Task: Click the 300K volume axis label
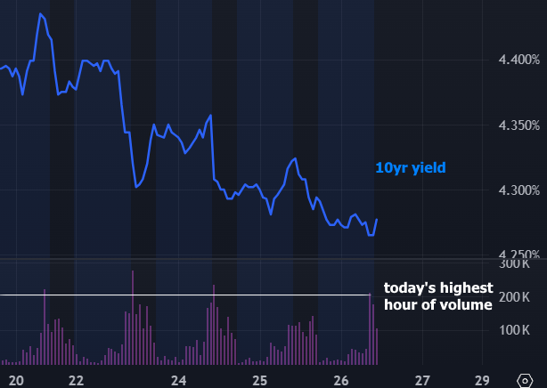[525, 264]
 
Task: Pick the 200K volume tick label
[525, 296]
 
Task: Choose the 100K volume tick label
[525, 329]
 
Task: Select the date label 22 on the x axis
[77, 380]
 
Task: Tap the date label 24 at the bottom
[179, 380]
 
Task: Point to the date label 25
[260, 380]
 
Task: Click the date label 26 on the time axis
[341, 380]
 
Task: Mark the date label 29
[482, 380]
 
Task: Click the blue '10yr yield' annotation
[410, 167]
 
